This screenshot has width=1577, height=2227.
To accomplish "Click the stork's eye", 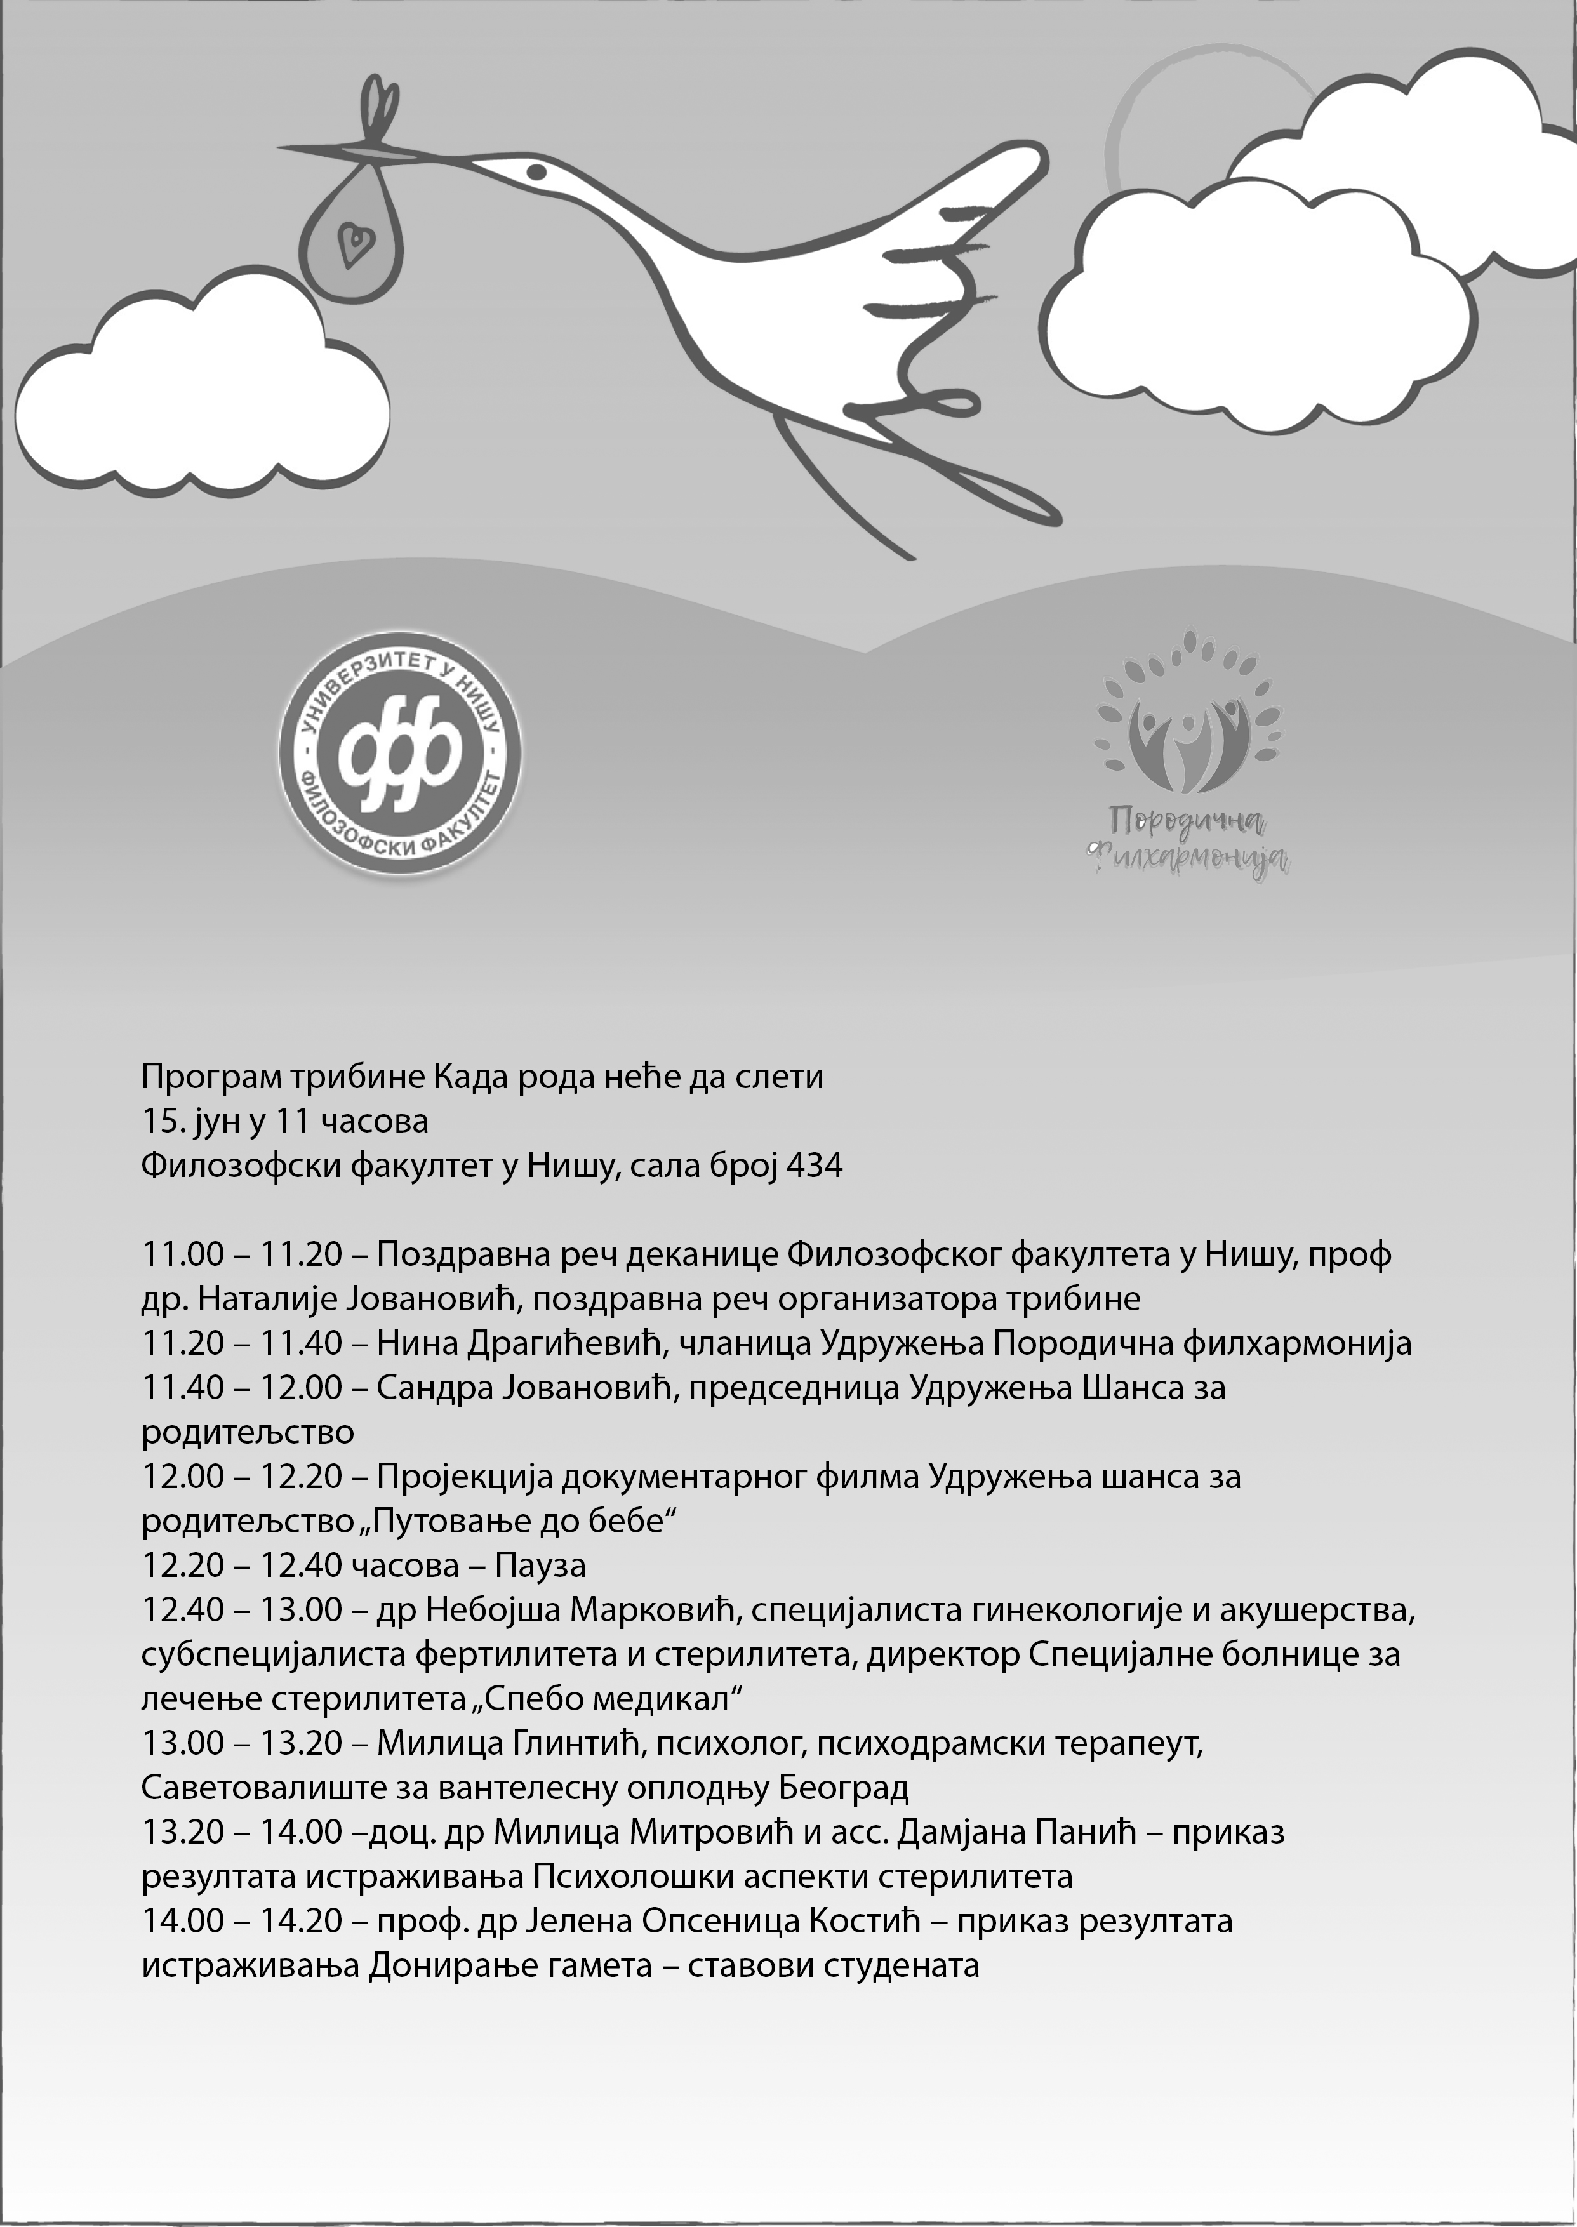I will tap(535, 171).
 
